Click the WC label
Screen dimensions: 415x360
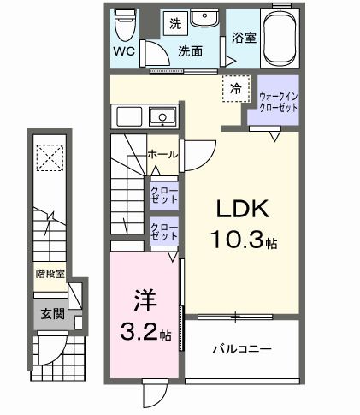point(124,50)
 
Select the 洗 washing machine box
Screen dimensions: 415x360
point(175,21)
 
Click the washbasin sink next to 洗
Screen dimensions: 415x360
point(204,21)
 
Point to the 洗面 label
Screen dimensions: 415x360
point(190,50)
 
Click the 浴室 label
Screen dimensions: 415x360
point(242,38)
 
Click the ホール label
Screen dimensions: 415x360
point(162,155)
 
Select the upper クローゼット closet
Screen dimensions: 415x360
point(163,193)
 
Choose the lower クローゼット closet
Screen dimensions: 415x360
point(163,230)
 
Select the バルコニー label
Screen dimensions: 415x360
point(241,349)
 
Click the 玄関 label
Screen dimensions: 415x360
point(50,314)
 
